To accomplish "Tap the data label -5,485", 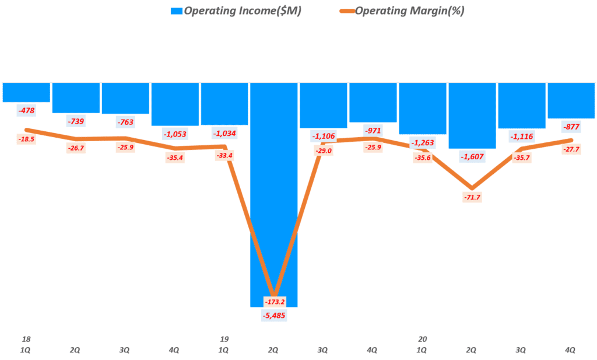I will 273,316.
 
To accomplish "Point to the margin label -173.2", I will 273,302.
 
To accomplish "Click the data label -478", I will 26,110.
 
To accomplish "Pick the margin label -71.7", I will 471,198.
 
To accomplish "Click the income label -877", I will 570,126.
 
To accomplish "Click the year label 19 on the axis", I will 223,338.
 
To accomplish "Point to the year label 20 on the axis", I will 423,338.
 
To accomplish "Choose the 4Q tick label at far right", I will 570,350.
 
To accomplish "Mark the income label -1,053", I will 174,134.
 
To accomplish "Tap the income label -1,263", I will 422,142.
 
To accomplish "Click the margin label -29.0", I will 322,151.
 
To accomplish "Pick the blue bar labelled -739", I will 76,97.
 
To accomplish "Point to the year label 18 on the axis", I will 26,338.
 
